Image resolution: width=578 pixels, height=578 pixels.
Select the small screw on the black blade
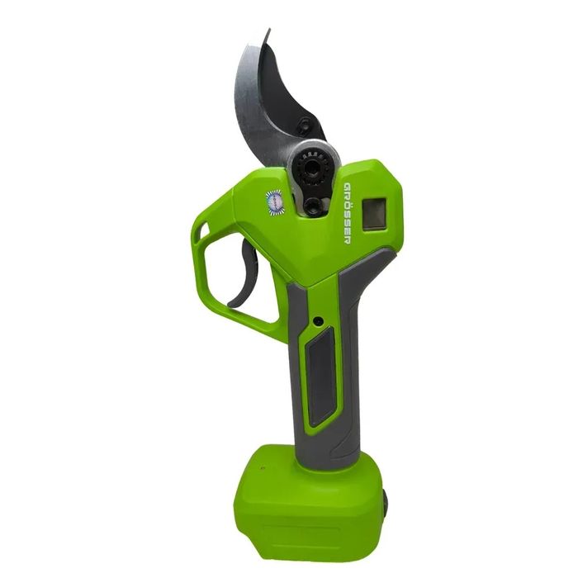click(303, 125)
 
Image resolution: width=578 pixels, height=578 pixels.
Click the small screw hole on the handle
click(316, 321)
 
